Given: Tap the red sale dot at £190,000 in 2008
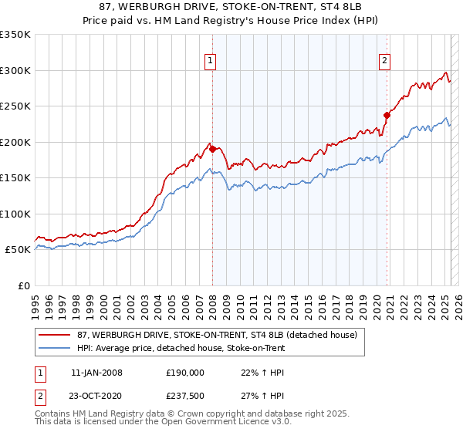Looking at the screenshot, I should [x=212, y=150].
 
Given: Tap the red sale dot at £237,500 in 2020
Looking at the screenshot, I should [x=387, y=116].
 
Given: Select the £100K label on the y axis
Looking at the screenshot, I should [x=15, y=214].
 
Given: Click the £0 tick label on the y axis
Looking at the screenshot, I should [x=23, y=285].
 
